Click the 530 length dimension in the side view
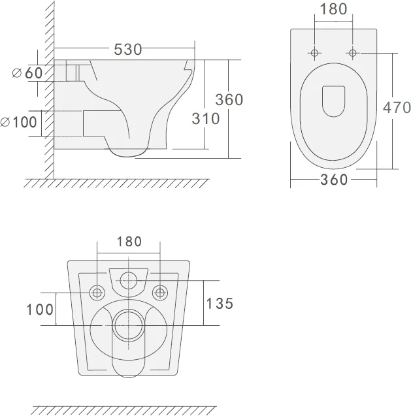pyautogui.click(x=128, y=50)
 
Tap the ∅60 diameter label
pyautogui.click(x=27, y=73)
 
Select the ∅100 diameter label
pyautogui.click(x=18, y=122)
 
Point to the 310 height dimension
pyautogui.click(x=206, y=119)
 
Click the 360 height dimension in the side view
pyautogui.click(x=229, y=100)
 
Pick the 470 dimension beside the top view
pyautogui.click(x=397, y=108)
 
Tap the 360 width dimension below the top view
pyautogui.click(x=334, y=180)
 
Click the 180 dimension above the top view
pyautogui.click(x=333, y=8)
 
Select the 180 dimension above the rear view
pyautogui.click(x=129, y=242)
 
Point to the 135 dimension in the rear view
pyautogui.click(x=220, y=304)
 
